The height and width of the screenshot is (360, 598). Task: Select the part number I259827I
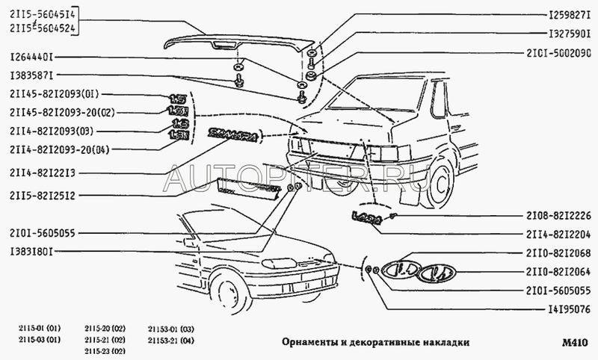point(559,15)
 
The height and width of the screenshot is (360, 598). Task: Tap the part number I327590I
point(559,34)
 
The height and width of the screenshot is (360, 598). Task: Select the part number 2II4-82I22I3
point(47,173)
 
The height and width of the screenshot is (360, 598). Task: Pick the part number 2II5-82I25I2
point(47,196)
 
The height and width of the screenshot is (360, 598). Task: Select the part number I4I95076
point(559,305)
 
